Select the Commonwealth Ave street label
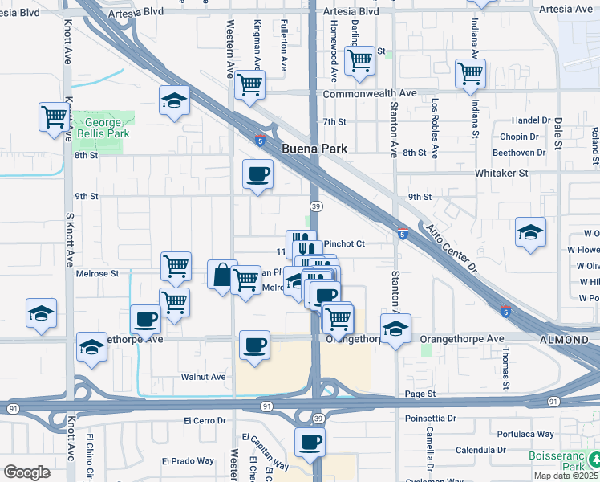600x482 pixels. coord(370,94)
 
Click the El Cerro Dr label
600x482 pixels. coord(206,420)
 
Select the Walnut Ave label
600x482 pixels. coord(203,376)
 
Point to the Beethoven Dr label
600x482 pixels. coord(518,153)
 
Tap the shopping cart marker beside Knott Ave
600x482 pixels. coord(54,116)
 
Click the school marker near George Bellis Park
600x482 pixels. coord(174,100)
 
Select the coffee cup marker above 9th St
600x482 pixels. coord(257,174)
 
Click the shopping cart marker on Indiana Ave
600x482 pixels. coord(470,73)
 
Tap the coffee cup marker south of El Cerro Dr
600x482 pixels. coord(310,441)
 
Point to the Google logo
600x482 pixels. coord(26,472)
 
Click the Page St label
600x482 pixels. coord(420,394)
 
